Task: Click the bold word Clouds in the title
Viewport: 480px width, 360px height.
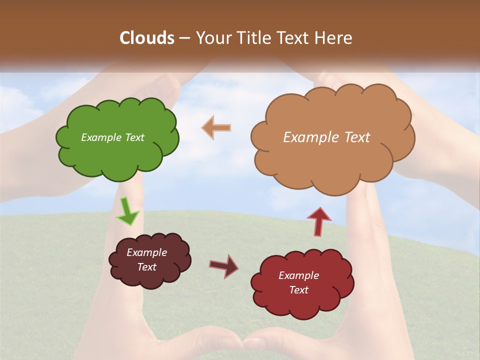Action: tap(147, 38)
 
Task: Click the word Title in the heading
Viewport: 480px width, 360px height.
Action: tap(252, 38)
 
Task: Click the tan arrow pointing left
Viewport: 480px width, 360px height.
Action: tap(216, 127)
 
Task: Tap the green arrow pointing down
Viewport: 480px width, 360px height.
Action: tap(127, 211)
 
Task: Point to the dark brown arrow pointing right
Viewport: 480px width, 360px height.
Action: tap(224, 265)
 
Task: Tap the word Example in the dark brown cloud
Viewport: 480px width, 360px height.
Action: tap(146, 252)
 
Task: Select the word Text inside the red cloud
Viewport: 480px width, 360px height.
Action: tap(298, 290)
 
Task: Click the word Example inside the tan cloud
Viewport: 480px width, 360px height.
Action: tap(308, 137)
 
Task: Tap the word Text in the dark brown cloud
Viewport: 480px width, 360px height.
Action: tap(146, 267)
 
